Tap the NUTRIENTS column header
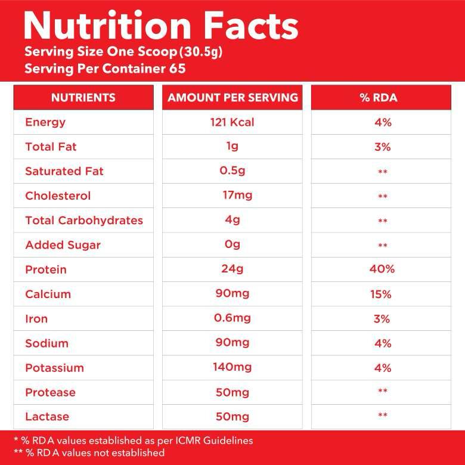[83, 98]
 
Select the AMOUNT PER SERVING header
[232, 98]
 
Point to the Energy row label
[45, 122]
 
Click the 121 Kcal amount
[232, 122]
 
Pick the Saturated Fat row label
[64, 171]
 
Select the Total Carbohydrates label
[84, 221]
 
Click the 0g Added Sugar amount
[232, 245]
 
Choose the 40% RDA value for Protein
[382, 269]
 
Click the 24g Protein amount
[232, 269]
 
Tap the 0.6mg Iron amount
[232, 318]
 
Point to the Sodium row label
[46, 343]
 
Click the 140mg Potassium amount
[232, 367]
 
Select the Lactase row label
[47, 417]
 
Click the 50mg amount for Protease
[232, 392]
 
